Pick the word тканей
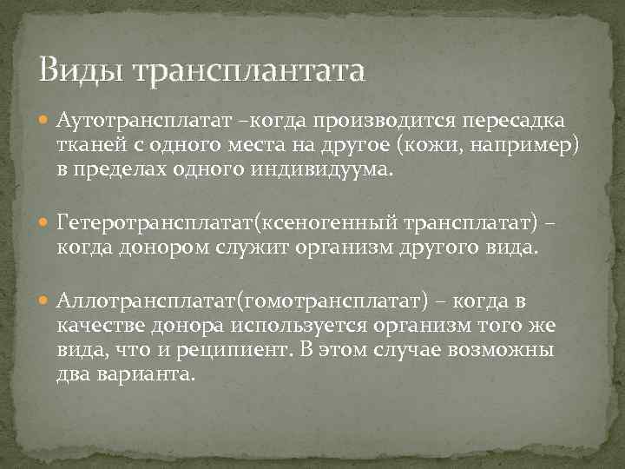coord(90,143)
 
